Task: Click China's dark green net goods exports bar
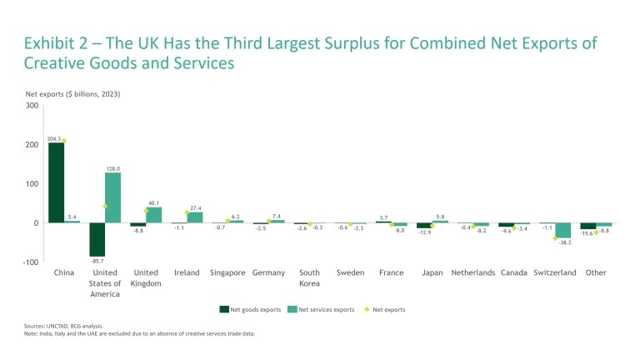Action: click(x=56, y=182)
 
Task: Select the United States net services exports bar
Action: click(x=112, y=197)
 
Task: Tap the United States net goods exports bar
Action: click(x=97, y=239)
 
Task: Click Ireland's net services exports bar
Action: click(x=195, y=217)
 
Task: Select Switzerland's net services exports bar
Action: click(x=562, y=230)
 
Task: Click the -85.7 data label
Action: click(x=97, y=262)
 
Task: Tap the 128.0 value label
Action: click(x=113, y=168)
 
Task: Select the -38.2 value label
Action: click(x=563, y=242)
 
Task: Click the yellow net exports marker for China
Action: click(x=63, y=141)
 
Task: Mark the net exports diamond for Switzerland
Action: click(x=555, y=238)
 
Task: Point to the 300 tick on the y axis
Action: click(x=32, y=105)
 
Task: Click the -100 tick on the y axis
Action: click(x=30, y=262)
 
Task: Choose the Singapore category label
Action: click(x=227, y=272)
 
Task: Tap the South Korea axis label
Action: click(x=309, y=277)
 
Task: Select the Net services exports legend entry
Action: click(x=322, y=309)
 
